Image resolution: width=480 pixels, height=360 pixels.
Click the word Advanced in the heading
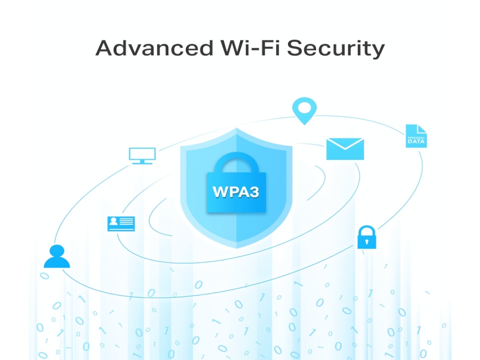point(154,48)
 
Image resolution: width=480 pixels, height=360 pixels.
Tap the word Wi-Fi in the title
point(250,48)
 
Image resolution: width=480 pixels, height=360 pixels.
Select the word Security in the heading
point(336,49)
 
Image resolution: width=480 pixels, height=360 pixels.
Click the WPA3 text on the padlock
point(236,192)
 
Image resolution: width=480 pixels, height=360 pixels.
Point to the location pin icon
point(304,111)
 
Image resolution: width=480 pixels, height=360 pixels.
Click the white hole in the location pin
point(304,108)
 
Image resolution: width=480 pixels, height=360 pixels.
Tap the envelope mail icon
point(345,149)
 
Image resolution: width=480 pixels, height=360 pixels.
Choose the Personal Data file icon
point(416,136)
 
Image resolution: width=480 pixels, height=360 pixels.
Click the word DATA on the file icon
point(416,142)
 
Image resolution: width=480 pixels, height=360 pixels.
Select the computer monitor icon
point(142,156)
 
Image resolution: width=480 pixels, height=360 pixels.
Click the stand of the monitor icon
point(142,162)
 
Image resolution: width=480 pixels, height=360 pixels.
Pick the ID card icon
point(121,224)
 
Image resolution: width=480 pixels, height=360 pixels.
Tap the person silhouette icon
point(57,256)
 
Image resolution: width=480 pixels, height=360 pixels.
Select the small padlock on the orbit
point(367,237)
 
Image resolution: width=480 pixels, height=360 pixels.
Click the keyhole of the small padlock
point(367,242)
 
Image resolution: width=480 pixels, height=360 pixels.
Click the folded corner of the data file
point(422,128)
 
